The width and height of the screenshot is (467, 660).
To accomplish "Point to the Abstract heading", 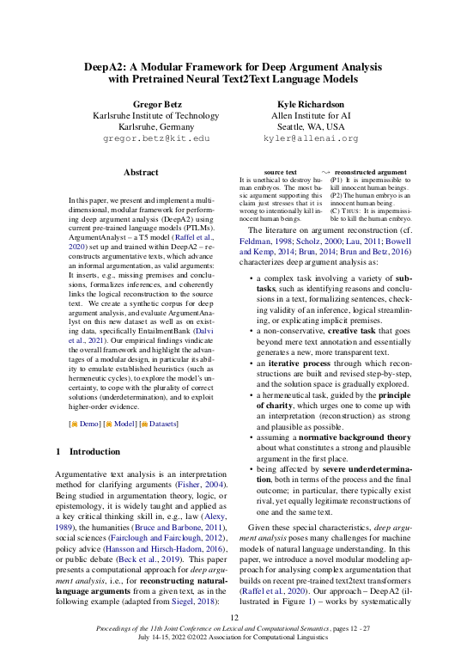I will pyautogui.click(x=141, y=173).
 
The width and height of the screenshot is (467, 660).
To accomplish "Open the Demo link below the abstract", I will pyautogui.click(x=84, y=424).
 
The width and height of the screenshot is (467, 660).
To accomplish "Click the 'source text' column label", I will pyautogui.click(x=281, y=173).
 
